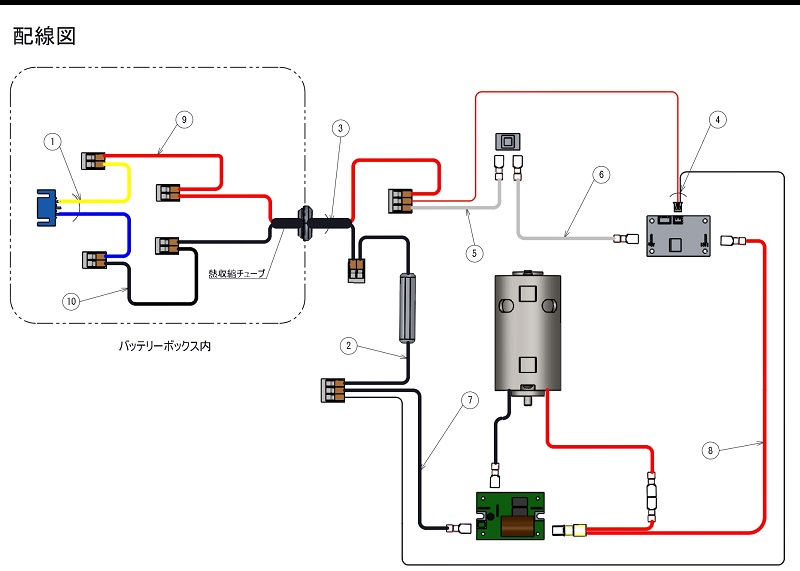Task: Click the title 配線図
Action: pyautogui.click(x=44, y=36)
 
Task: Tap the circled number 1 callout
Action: pyautogui.click(x=53, y=141)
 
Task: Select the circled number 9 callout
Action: pyautogui.click(x=184, y=119)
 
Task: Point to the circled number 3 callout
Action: pyautogui.click(x=341, y=128)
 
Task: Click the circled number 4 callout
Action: pyautogui.click(x=717, y=119)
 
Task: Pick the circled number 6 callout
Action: pyautogui.click(x=602, y=175)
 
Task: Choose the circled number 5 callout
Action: pyautogui.click(x=474, y=253)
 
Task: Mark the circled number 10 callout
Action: pyautogui.click(x=71, y=301)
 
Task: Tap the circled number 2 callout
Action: pyautogui.click(x=348, y=346)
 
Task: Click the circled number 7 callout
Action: pyautogui.click(x=470, y=400)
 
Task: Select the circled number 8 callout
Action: pyautogui.click(x=710, y=450)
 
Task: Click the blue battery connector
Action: pyautogui.click(x=46, y=208)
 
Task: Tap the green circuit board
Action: pyautogui.click(x=510, y=516)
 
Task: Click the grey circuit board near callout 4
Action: pyautogui.click(x=678, y=236)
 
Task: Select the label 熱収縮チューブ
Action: pyautogui.click(x=237, y=274)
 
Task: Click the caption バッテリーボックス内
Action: pyautogui.click(x=165, y=346)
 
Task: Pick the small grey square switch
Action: pyautogui.click(x=508, y=141)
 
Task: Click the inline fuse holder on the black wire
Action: pyautogui.click(x=407, y=308)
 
